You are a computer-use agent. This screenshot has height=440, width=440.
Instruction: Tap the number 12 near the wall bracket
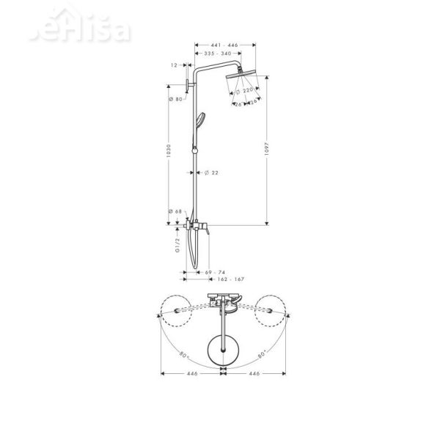174,65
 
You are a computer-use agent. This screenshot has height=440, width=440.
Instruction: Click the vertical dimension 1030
169,151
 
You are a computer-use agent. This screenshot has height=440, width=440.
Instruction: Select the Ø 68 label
175,212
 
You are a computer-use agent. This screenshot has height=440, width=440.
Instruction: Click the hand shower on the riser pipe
198,120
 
